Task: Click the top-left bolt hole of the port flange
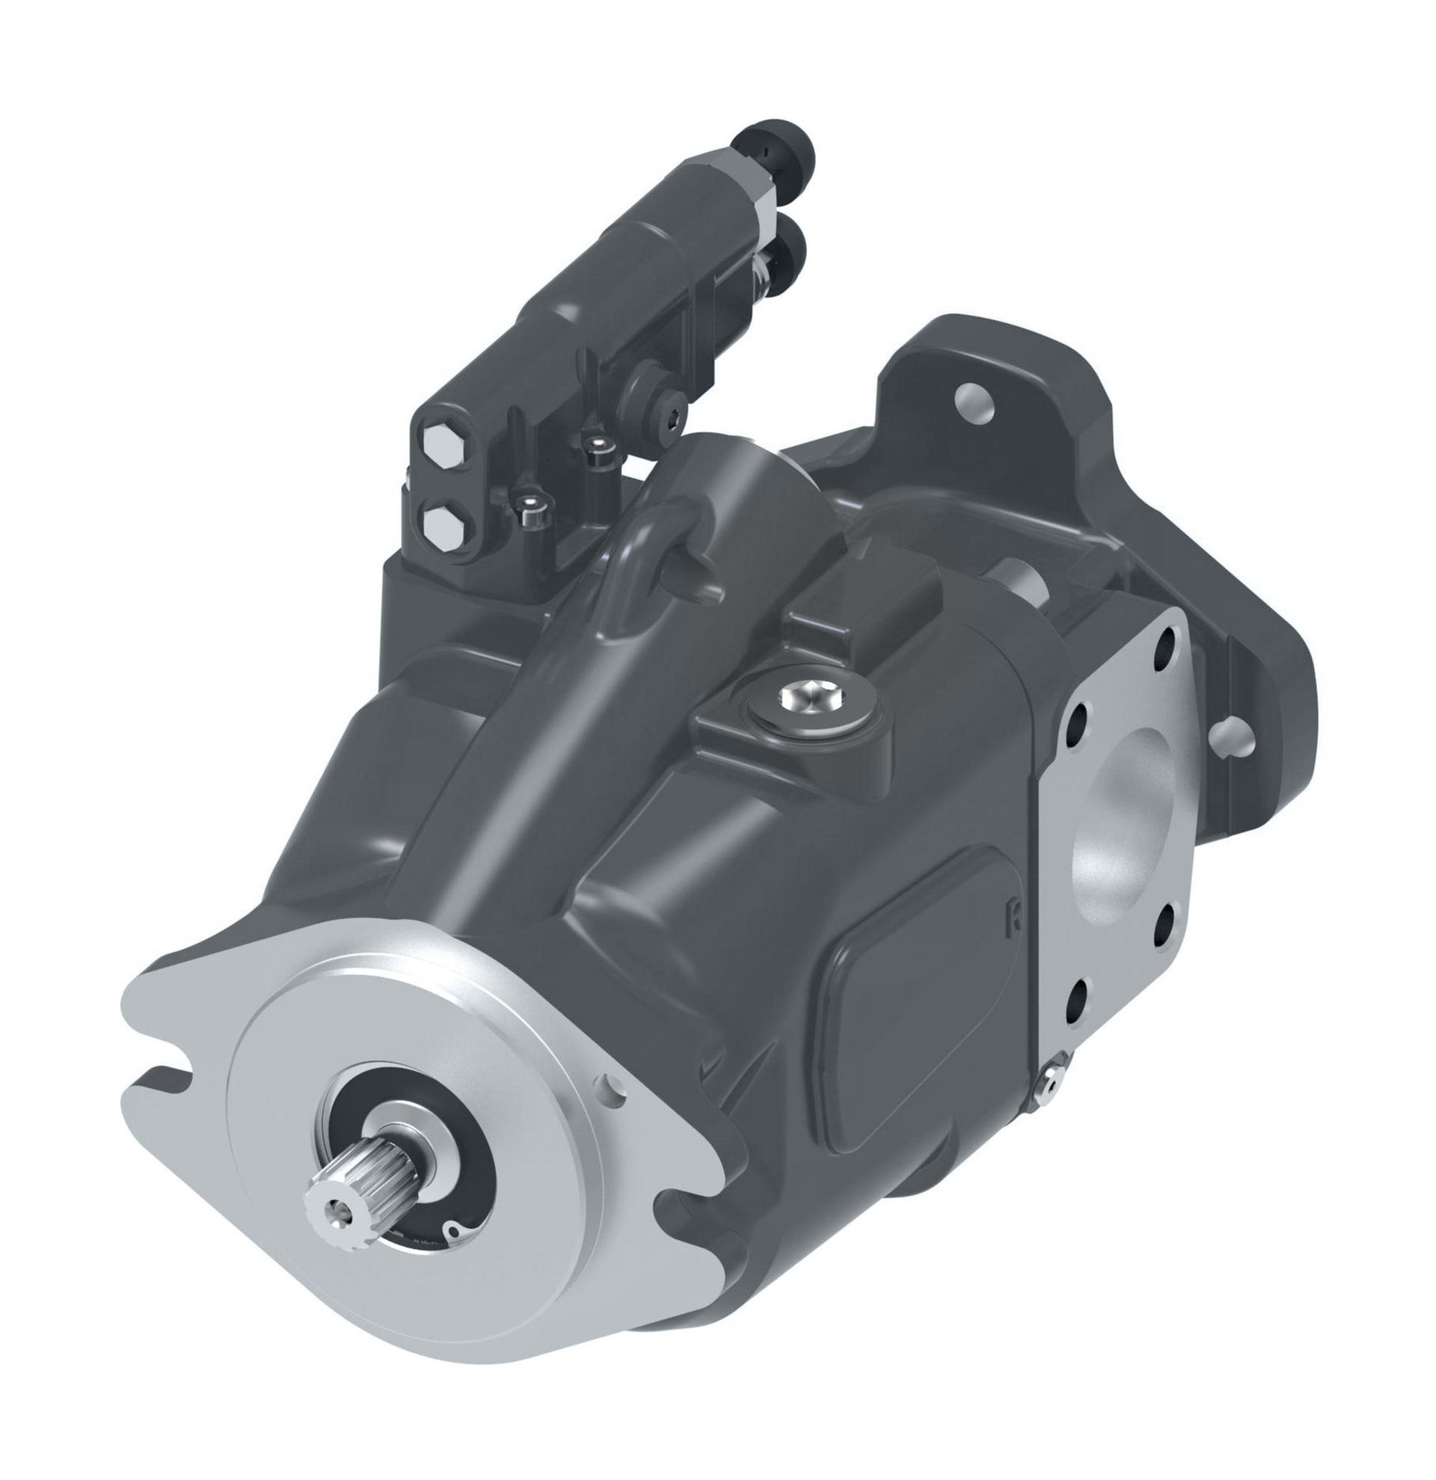(1078, 714)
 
